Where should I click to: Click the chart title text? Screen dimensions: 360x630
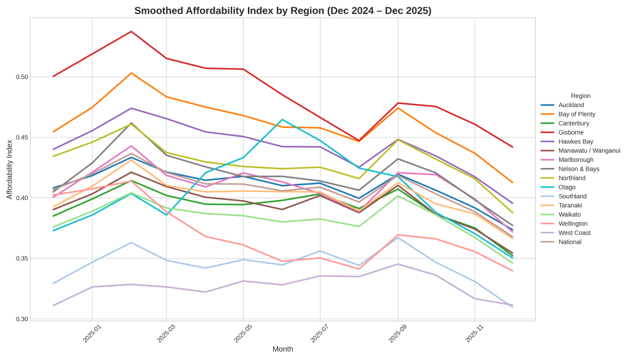(282, 10)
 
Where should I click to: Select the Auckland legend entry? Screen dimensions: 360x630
(571, 105)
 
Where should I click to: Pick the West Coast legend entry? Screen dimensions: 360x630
(574, 233)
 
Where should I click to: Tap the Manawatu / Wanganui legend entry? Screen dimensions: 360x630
(589, 151)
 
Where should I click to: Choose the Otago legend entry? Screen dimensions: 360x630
(567, 187)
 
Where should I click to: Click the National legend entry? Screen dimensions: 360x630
(570, 242)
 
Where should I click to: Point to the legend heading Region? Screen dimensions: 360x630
(580, 96)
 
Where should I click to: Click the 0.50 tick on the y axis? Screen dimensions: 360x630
(22, 77)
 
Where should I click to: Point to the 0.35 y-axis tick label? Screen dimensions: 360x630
(22, 258)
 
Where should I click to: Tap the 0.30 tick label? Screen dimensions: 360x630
(22, 319)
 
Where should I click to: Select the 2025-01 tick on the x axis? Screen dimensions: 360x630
(92, 333)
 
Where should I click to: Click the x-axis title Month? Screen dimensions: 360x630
(282, 349)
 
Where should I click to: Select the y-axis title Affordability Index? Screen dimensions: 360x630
(9, 169)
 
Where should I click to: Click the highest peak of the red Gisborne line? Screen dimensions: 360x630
(131, 31)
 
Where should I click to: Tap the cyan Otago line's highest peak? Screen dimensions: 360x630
(282, 119)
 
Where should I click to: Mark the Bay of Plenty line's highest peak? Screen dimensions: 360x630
(131, 73)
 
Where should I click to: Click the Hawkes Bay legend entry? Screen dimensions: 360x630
(575, 142)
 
